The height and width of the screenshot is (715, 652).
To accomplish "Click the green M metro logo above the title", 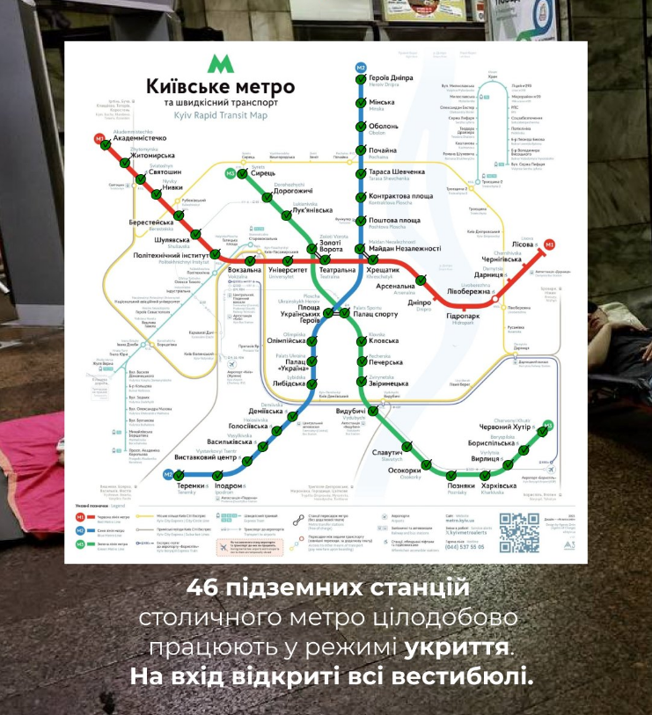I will tap(216, 64).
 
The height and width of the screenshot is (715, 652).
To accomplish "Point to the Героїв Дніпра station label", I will tap(391, 77).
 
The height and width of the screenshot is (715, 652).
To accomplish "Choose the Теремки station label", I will tap(196, 485).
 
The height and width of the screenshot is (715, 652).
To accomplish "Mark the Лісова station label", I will tap(524, 246).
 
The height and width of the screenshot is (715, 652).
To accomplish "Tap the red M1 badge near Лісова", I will tap(550, 244).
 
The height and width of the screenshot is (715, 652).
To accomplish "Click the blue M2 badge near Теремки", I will tap(168, 475).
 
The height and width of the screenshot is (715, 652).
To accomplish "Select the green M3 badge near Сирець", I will tap(230, 173).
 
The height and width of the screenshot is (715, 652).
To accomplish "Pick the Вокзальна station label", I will tap(245, 270).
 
